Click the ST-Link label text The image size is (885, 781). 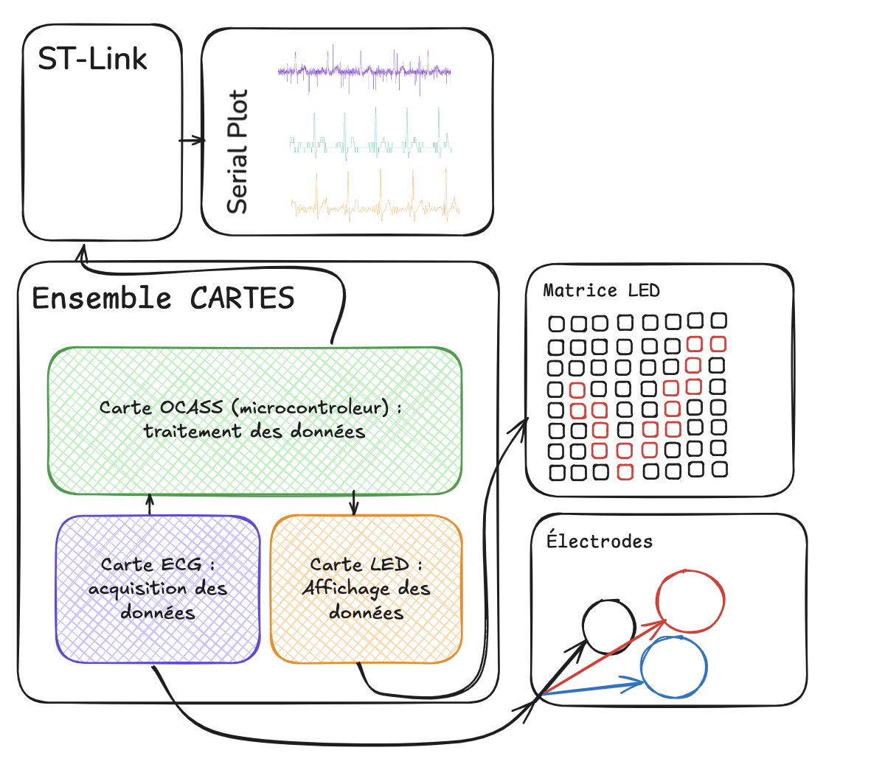pos(92,60)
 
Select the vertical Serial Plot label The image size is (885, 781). pos(237,152)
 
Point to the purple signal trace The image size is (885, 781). pos(364,71)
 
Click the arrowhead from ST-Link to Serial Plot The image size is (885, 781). pos(199,140)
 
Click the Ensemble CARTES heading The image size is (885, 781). pos(163,298)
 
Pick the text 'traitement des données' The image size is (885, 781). pos(254,431)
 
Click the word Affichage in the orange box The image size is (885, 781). pos(346,588)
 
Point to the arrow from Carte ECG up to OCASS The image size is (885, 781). pos(150,505)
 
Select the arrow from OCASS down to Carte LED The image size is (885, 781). pos(354,503)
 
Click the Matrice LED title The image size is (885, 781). pos(601,290)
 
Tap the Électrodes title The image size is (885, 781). pos(600,542)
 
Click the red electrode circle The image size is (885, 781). pos(690,601)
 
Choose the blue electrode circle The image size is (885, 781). pos(673,668)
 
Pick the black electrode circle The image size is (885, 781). pos(608,627)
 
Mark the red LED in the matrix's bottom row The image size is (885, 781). pos(625,472)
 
